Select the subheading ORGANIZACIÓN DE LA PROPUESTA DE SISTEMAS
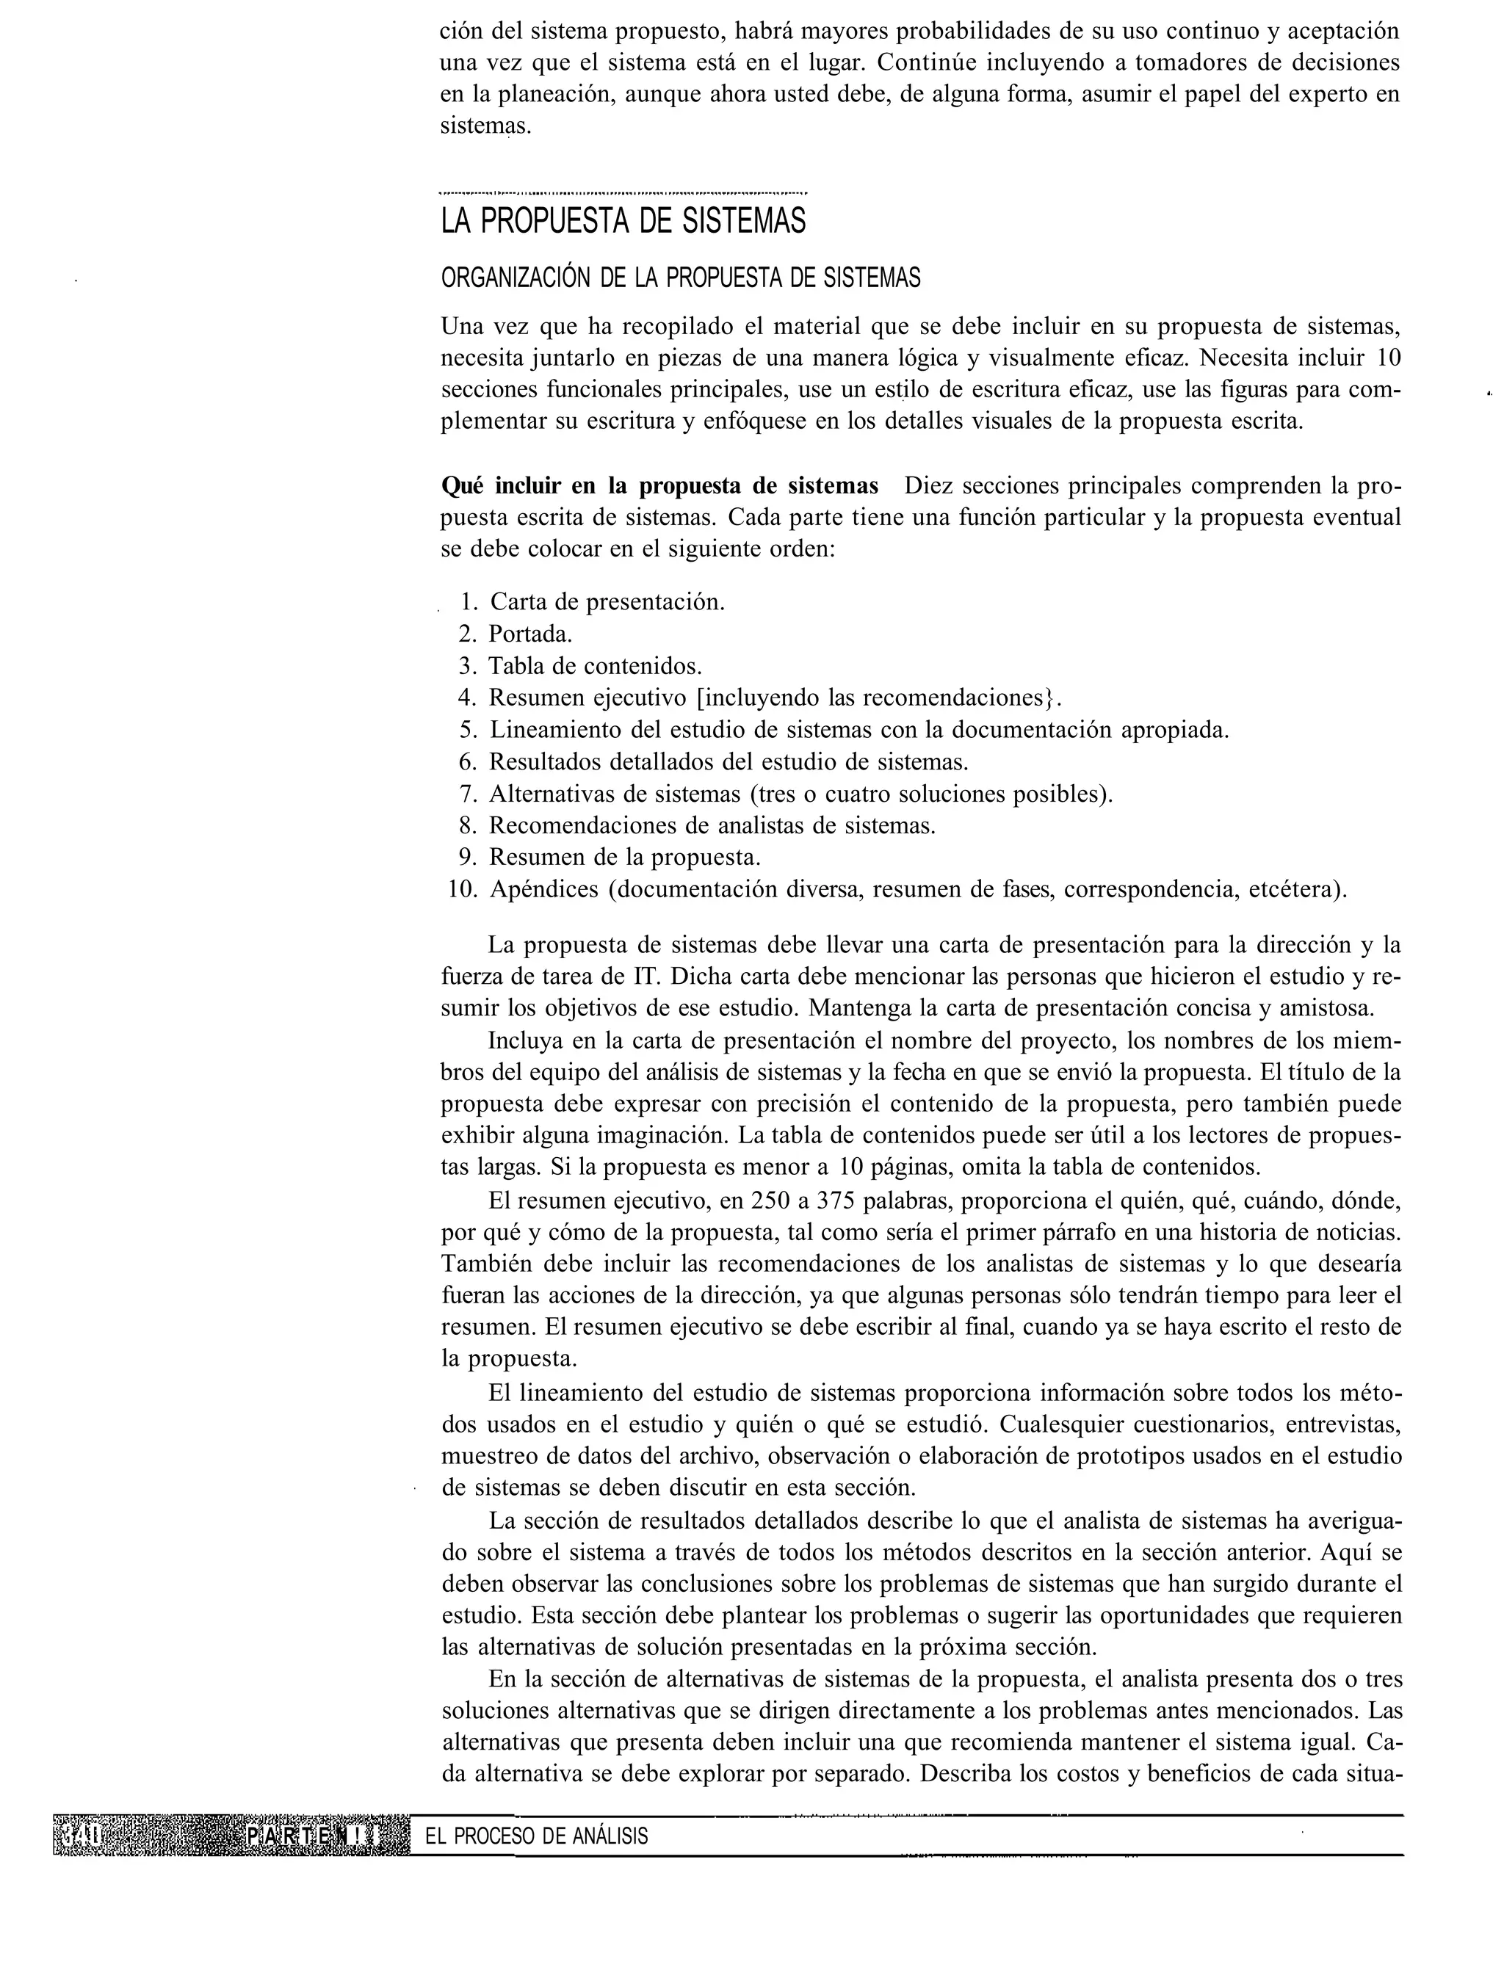click(x=680, y=278)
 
